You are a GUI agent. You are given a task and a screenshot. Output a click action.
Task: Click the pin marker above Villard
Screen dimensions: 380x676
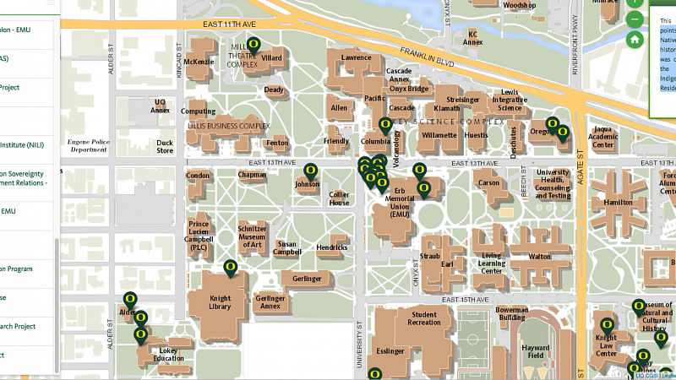pyautogui.click(x=253, y=46)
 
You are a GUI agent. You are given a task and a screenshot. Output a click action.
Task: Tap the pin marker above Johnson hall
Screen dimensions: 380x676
pyautogui.click(x=310, y=170)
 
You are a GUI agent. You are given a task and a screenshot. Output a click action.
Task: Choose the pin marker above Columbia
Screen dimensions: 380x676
pyautogui.click(x=385, y=125)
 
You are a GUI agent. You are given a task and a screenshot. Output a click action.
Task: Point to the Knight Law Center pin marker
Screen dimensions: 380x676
pyautogui.click(x=606, y=325)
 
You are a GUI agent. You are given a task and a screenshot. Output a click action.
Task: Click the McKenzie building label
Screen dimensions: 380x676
pyautogui.click(x=199, y=62)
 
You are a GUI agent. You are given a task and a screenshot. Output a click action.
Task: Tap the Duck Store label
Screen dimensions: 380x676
pyautogui.click(x=165, y=147)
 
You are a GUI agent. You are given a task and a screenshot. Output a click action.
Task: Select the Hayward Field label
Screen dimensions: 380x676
pyautogui.click(x=536, y=350)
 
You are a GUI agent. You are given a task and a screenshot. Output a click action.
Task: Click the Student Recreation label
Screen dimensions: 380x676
pyautogui.click(x=423, y=318)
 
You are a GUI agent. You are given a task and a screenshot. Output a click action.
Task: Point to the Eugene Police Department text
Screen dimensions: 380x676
pyautogui.click(x=89, y=144)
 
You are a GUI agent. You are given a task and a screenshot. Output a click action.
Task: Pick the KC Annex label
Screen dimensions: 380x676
pyautogui.click(x=473, y=38)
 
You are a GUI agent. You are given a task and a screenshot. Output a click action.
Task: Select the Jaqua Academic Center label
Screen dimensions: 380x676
pyautogui.click(x=602, y=139)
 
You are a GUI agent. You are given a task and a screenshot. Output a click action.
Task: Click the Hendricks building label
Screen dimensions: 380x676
pyautogui.click(x=332, y=247)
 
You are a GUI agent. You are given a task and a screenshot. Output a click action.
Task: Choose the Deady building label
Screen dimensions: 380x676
pyautogui.click(x=274, y=90)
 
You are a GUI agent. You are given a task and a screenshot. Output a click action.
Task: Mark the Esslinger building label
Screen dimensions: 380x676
pyautogui.click(x=390, y=350)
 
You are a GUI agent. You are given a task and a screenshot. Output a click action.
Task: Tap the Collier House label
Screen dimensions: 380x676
pyautogui.click(x=339, y=198)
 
